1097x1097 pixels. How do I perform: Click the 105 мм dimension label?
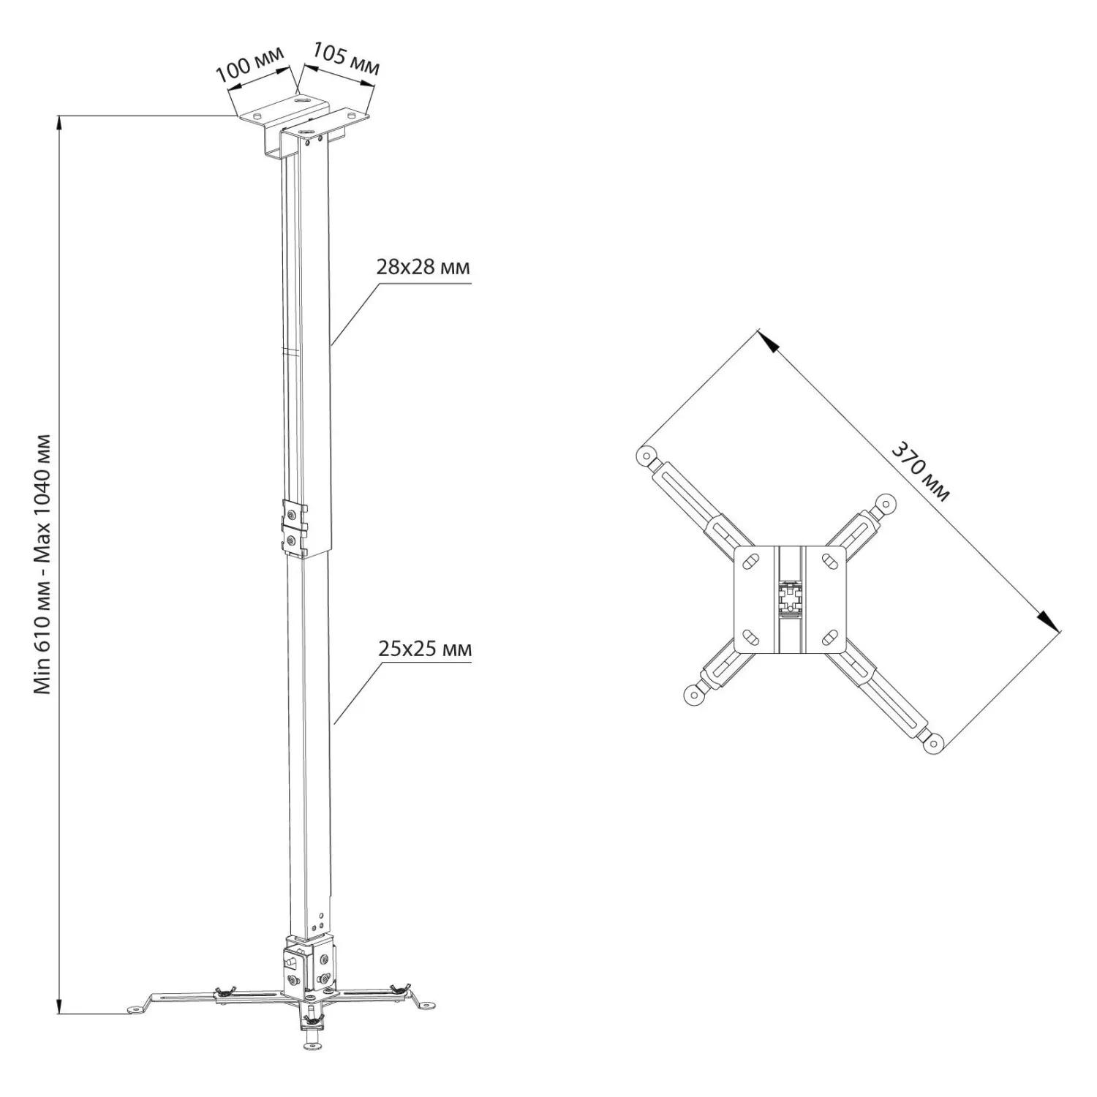[346, 59]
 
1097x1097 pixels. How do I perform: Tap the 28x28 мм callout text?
[423, 268]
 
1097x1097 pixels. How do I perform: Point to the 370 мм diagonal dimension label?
[919, 472]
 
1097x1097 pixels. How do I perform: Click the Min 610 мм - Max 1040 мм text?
[44, 565]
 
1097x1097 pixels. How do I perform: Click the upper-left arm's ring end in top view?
[645, 456]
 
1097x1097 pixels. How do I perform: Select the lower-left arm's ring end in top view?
[693, 694]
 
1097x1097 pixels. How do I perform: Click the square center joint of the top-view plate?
[790, 599]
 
